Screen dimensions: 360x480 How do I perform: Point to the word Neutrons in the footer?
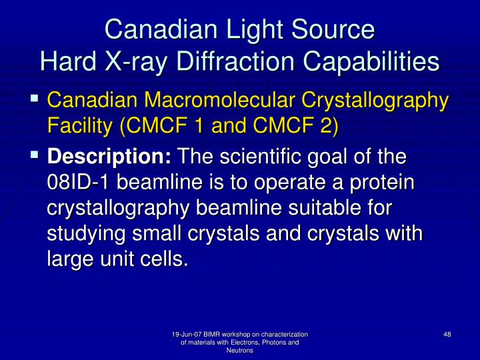click(x=239, y=351)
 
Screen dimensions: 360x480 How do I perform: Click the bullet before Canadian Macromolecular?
click(x=34, y=99)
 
